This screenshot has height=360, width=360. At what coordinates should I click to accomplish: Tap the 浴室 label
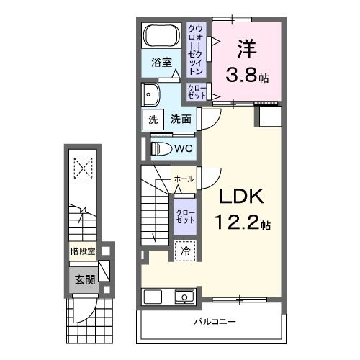pyautogui.click(x=161, y=63)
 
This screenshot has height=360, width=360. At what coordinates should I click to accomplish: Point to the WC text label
pyautogui.click(x=184, y=148)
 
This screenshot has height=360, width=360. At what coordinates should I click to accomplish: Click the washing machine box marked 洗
pyautogui.click(x=153, y=120)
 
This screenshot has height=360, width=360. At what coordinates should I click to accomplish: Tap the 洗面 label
pyautogui.click(x=181, y=120)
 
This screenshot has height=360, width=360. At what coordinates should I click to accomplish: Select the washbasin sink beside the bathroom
pyautogui.click(x=150, y=93)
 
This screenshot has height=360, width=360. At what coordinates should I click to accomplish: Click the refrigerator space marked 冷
pyautogui.click(x=184, y=251)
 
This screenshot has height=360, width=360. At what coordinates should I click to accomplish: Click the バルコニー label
pyautogui.click(x=215, y=321)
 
